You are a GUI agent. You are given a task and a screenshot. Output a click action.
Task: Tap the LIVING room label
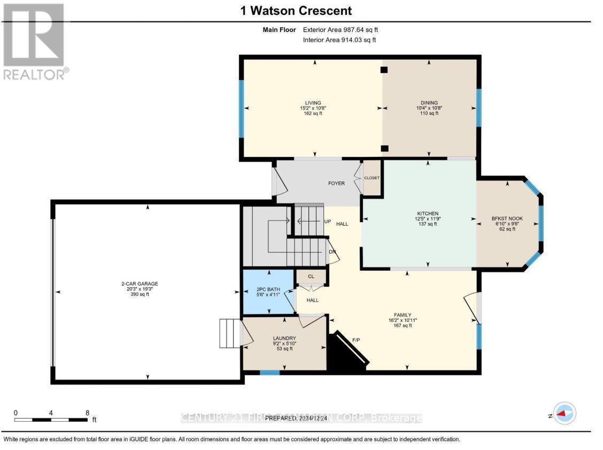[313, 103]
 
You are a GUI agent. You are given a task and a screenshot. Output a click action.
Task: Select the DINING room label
[429, 103]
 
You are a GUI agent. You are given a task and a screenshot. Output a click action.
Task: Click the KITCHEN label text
[428, 214]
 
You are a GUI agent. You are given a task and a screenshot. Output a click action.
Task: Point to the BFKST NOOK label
[507, 218]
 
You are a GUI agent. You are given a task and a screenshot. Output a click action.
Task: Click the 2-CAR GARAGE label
[139, 284]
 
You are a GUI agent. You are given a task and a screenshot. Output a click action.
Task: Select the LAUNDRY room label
[284, 338]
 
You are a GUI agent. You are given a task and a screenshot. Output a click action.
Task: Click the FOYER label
[336, 184]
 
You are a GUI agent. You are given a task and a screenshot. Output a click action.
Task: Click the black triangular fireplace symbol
[344, 355]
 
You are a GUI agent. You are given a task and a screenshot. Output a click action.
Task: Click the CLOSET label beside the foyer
[372, 178]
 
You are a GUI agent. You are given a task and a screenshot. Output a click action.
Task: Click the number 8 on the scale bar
[87, 413]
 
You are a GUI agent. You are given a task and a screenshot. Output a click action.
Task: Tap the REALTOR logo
[35, 42]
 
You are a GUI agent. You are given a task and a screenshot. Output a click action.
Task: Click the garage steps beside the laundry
[230, 334]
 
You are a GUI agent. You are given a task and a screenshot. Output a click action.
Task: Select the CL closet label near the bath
[311, 276]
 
